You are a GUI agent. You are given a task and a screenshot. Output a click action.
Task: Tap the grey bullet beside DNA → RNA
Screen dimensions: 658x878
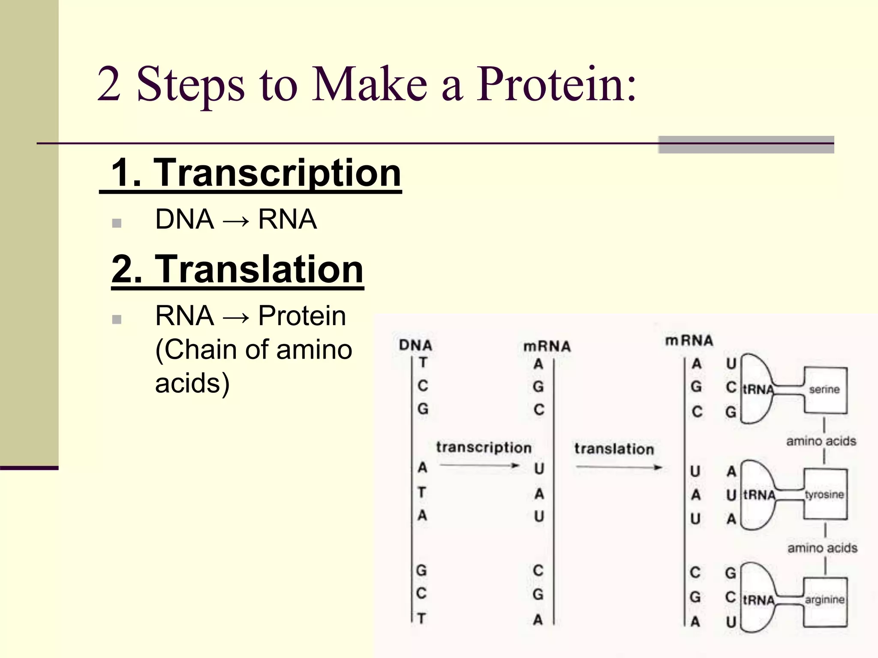[x=117, y=223]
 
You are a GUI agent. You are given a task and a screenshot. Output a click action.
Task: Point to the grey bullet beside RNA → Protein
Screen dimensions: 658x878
[x=117, y=319]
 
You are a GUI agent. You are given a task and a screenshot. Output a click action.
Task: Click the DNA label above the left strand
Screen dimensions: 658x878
[x=415, y=345]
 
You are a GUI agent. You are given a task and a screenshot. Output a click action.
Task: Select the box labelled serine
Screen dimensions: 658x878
[x=825, y=390]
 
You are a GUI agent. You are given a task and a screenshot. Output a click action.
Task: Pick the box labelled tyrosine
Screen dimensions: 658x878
[x=825, y=494]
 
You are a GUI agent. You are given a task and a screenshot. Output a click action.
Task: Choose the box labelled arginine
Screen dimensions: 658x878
[x=825, y=600]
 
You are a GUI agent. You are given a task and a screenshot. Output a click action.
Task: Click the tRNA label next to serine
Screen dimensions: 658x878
[x=758, y=389]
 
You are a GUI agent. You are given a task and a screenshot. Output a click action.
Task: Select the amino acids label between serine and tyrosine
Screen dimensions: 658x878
[x=821, y=441]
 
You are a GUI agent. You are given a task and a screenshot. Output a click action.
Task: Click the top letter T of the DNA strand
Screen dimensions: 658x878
[x=423, y=362]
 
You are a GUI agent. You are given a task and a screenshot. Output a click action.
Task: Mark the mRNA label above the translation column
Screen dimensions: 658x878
[x=689, y=341]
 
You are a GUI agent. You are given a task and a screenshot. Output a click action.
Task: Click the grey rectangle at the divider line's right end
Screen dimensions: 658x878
[x=746, y=144]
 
